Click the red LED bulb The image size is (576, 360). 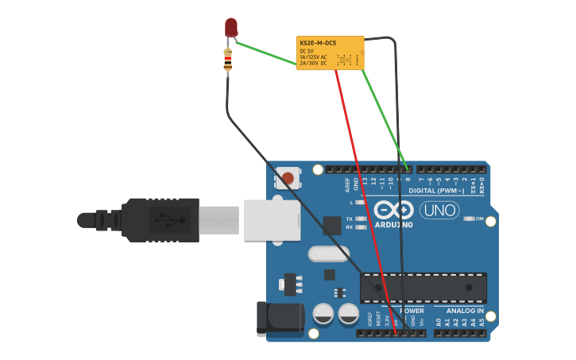click(x=230, y=28)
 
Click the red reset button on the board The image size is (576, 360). click(x=288, y=176)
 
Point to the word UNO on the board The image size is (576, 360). click(x=439, y=211)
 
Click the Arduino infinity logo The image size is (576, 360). click(x=393, y=210)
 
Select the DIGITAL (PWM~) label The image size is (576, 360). click(x=436, y=191)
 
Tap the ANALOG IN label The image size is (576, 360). click(x=464, y=311)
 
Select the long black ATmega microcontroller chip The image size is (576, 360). click(x=423, y=288)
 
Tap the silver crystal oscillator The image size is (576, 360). click(x=326, y=254)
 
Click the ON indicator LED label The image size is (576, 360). click(x=479, y=218)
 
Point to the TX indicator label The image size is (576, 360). click(x=350, y=218)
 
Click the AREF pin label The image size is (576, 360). click(x=347, y=184)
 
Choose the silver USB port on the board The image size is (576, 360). click(x=271, y=219)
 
